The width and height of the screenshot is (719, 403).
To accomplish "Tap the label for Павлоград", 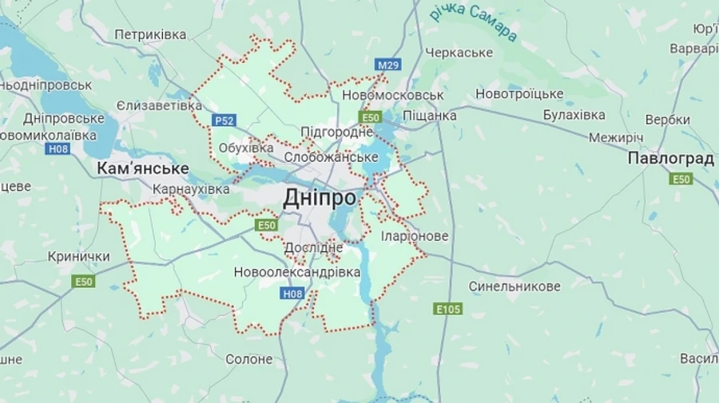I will [670, 158].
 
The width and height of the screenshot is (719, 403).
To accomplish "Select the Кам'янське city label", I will [142, 168].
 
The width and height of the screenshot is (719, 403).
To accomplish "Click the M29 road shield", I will [388, 64].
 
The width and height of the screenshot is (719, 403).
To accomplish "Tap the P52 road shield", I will [224, 121].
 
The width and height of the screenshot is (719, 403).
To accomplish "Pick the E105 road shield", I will [448, 308].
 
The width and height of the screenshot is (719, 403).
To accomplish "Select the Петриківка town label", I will [150, 35].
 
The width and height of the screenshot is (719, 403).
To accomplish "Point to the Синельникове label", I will [514, 286].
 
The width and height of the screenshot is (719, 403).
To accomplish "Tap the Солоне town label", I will [248, 360].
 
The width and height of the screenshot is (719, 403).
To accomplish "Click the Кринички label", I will [78, 256].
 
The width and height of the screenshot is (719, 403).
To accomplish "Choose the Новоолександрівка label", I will [297, 272].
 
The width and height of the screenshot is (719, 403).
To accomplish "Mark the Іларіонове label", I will [415, 237].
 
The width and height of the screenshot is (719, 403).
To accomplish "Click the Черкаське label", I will [459, 53].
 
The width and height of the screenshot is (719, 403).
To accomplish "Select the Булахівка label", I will [574, 115].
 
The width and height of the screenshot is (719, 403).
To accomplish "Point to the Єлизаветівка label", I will [159, 105].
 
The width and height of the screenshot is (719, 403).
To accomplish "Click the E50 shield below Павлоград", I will [681, 179].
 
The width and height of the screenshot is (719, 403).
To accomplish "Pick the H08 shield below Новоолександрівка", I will [292, 294].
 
